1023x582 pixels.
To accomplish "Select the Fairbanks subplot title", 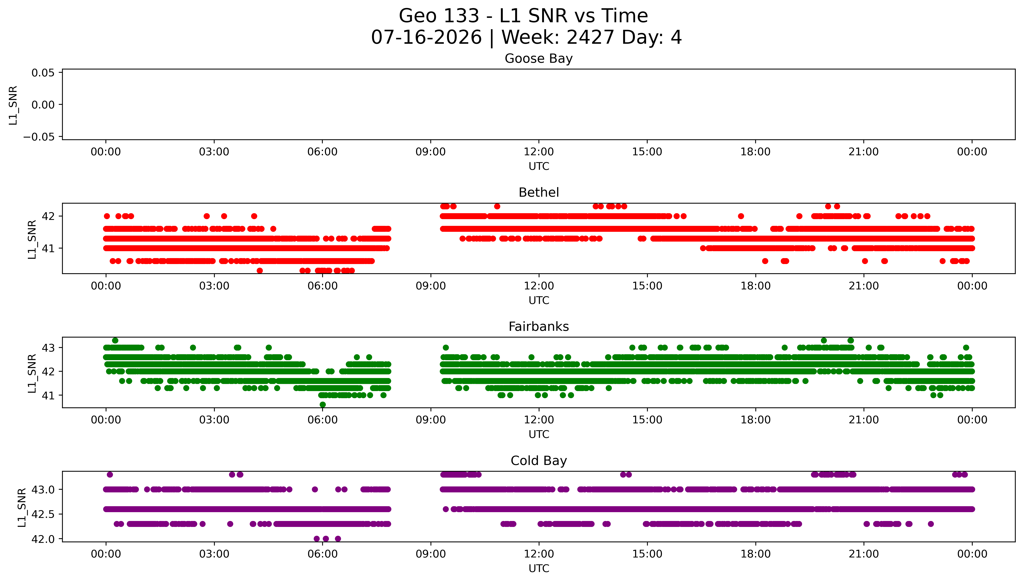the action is click(x=538, y=327).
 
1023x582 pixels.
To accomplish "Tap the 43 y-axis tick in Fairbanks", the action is click(x=48, y=348).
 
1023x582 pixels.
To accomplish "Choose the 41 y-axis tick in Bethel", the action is click(x=48, y=248).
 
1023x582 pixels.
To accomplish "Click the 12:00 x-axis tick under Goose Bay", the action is click(x=538, y=152).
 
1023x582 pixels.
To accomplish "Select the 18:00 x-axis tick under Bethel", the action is click(x=755, y=286).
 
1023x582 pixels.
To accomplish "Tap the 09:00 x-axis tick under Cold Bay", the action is click(x=431, y=554).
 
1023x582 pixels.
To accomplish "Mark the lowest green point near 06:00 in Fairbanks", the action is click(x=323, y=405).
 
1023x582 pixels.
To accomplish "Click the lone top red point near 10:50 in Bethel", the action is click(x=497, y=206).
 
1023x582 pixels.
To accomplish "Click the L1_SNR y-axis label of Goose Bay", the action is click(x=13, y=105).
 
